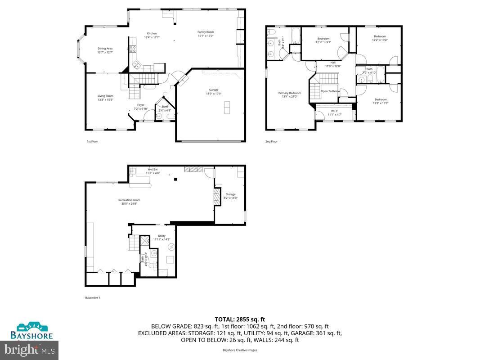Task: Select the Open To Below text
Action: point(330,91)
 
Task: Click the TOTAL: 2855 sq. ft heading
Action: point(240,319)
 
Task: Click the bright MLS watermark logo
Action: point(30,349)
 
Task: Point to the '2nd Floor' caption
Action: point(271,141)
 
